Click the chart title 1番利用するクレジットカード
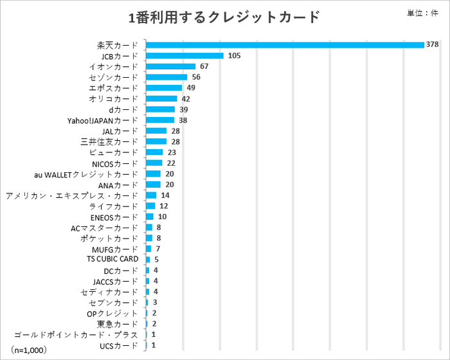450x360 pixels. click(x=224, y=17)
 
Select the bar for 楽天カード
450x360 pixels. click(x=285, y=44)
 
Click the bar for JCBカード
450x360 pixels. click(x=184, y=55)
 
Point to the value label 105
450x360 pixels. click(x=234, y=55)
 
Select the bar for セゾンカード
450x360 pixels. click(x=166, y=77)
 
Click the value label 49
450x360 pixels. click(x=191, y=87)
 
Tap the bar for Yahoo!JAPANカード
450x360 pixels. click(x=160, y=120)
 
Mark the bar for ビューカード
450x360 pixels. click(x=154, y=152)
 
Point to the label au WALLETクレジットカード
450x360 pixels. click(x=86, y=174)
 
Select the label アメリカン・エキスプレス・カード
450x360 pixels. click(x=71, y=195)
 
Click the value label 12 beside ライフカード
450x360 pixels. click(x=164, y=206)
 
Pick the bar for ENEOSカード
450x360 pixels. click(x=150, y=217)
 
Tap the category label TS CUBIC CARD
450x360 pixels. click(x=113, y=259)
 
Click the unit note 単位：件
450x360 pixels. click(x=422, y=14)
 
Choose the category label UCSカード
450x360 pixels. click(x=119, y=346)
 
